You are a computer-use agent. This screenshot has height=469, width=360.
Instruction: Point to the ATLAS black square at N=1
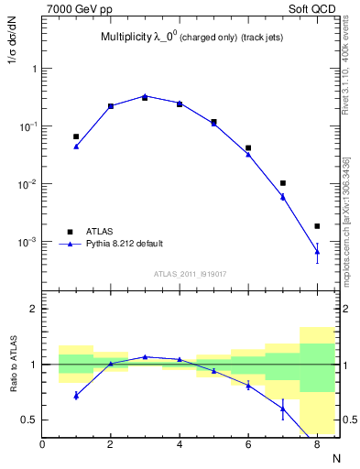click(x=76, y=136)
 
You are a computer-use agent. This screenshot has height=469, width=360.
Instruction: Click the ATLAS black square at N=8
click(x=317, y=226)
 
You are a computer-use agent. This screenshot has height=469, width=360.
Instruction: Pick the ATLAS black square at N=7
click(x=283, y=183)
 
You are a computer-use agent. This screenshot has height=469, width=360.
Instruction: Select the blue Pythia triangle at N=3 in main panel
click(x=145, y=95)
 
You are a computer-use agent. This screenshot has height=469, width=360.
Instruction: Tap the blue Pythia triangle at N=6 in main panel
click(x=248, y=154)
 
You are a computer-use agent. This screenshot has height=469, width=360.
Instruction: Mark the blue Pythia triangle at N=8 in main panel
click(x=317, y=251)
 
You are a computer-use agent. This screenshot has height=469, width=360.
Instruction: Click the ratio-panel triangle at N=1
click(x=76, y=396)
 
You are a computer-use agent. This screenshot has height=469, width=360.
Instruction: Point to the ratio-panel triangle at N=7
click(x=283, y=409)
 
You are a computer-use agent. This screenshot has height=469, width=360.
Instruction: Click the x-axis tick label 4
click(x=180, y=445)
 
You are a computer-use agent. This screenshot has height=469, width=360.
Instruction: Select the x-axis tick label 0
click(x=42, y=445)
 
